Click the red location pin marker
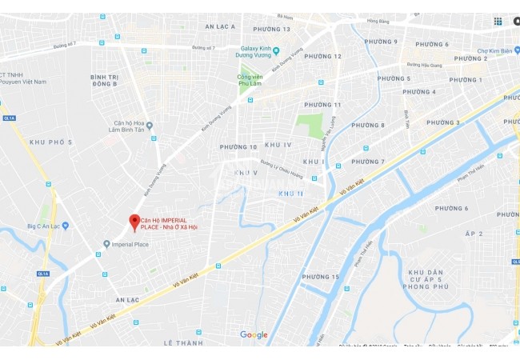point(134,222)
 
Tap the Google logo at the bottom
point(254,335)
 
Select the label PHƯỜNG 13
point(272,29)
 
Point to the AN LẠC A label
point(220,26)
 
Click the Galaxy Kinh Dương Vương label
point(250,55)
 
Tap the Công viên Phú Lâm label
point(251,80)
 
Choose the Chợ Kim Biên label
point(493,49)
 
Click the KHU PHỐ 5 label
point(50,142)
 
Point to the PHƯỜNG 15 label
point(320,277)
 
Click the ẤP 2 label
point(474,233)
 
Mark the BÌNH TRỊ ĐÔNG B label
point(105,80)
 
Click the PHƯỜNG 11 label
point(323,105)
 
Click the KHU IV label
point(278,144)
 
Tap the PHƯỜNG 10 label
point(238,146)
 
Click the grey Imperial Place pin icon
point(106,244)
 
